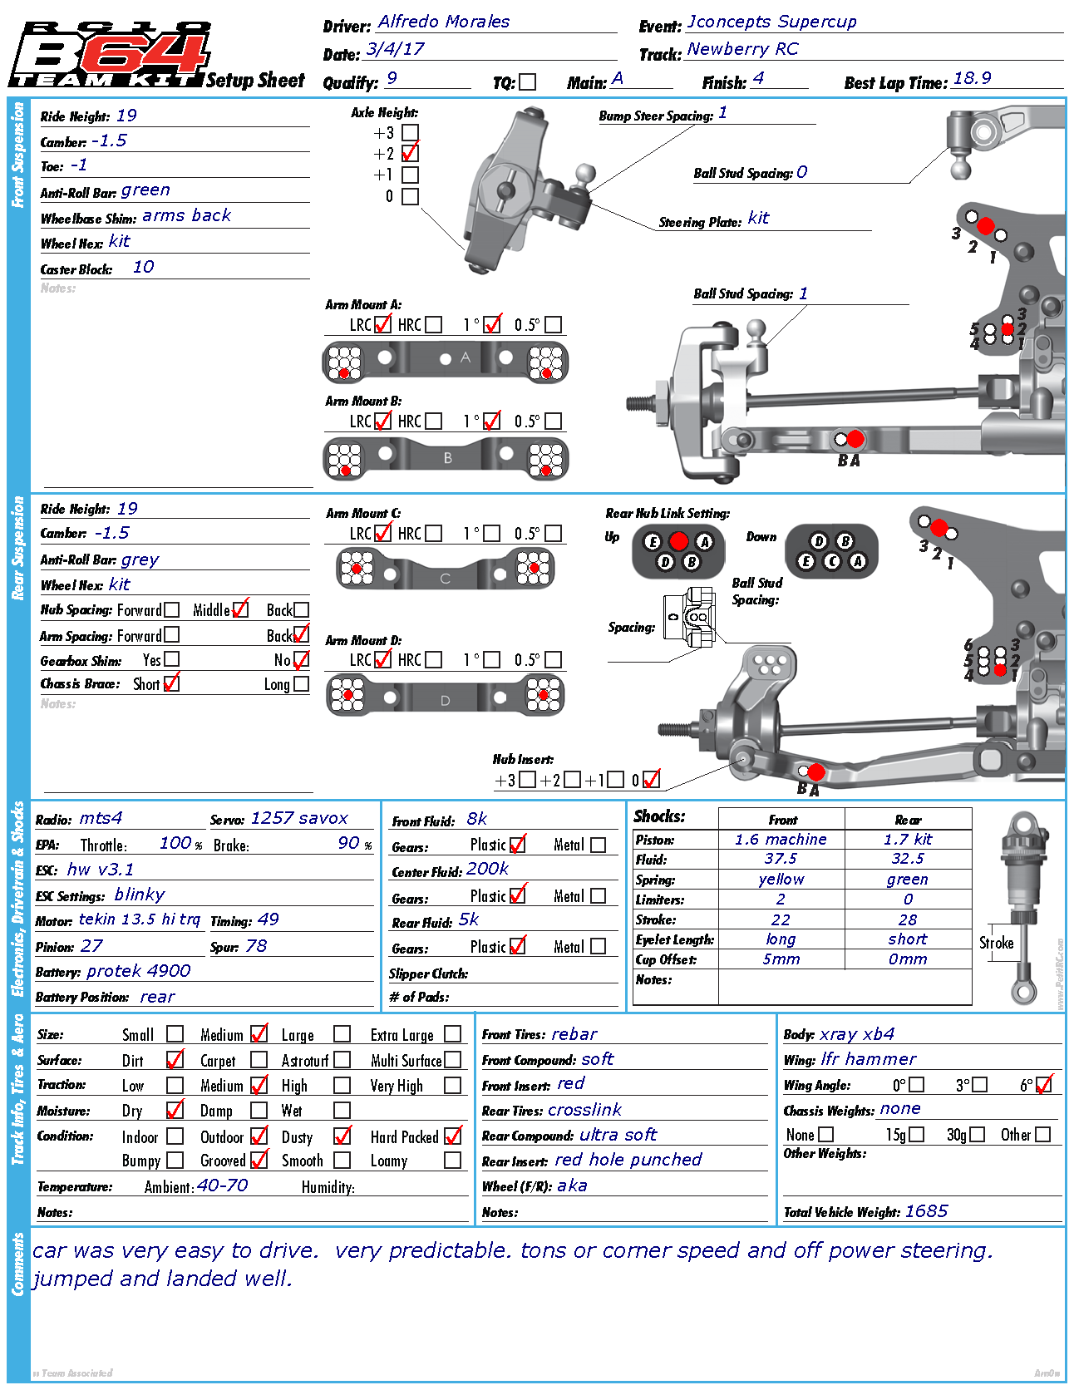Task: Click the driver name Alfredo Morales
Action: [x=443, y=22]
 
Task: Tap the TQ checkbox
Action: [x=527, y=82]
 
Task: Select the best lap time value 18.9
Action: [x=972, y=78]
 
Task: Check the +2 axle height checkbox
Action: [x=410, y=154]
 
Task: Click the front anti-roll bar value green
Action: [x=145, y=190]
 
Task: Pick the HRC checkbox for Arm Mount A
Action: [x=433, y=324]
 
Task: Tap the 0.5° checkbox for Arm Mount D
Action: [x=554, y=659]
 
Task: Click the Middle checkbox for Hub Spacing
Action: [x=240, y=609]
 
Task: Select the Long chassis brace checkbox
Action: [x=301, y=684]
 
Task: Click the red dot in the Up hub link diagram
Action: [x=678, y=541]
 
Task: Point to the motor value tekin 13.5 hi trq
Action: [x=140, y=919]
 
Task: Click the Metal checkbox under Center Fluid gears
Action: [x=598, y=895]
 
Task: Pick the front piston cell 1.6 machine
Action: [x=781, y=840]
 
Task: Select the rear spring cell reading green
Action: [x=907, y=880]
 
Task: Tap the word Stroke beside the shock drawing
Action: [x=996, y=943]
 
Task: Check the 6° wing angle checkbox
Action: [x=1044, y=1085]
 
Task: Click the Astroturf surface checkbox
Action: [x=342, y=1060]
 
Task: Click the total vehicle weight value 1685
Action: [x=926, y=1211]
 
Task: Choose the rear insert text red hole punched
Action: [x=628, y=1160]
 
